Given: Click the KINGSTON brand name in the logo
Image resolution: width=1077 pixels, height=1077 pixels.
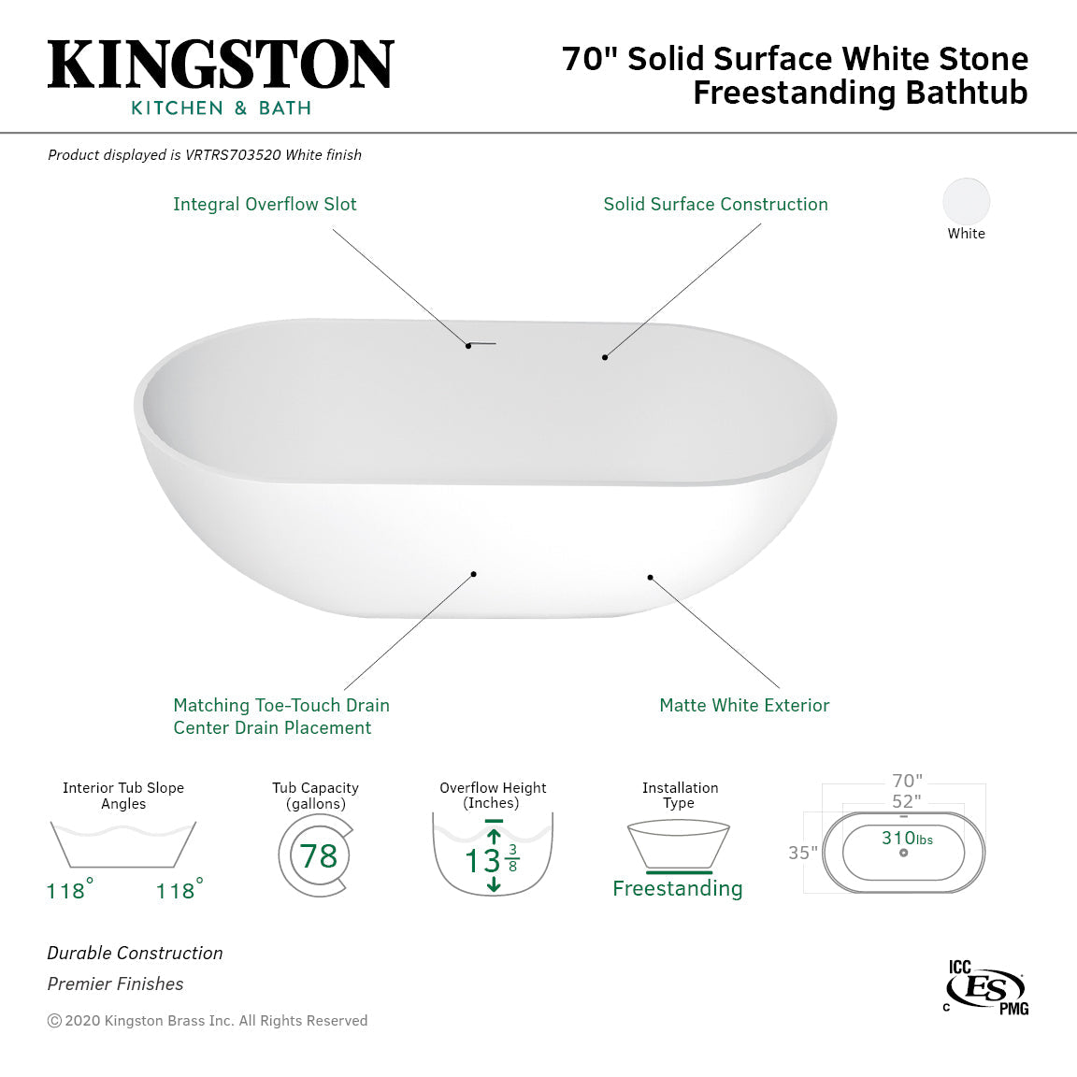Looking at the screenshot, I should point(221,65).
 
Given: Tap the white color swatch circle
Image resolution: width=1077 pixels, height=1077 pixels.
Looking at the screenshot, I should point(966,201).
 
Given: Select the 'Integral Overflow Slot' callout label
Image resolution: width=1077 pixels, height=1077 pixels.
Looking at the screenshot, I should point(265,204).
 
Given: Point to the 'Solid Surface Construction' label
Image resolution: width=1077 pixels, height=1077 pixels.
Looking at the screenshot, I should point(715,204).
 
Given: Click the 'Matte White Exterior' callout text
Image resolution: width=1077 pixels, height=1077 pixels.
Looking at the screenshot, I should point(744,705).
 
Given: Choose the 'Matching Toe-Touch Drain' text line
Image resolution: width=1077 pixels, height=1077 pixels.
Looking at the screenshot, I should point(281,705).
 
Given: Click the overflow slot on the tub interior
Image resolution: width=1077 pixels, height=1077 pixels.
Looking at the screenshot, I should point(482,343).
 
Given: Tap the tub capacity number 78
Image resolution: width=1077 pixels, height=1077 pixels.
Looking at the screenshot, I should point(319,855).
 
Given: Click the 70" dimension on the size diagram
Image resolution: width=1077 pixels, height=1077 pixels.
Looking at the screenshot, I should point(907,781).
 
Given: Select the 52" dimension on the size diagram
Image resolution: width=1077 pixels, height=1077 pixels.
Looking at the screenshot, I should point(906,801).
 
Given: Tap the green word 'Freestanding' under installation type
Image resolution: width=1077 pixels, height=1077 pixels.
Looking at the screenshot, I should point(678,888).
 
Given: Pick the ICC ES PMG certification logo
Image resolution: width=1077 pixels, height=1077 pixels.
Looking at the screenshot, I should point(986,987).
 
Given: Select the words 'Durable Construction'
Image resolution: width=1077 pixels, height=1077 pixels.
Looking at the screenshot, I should point(136,953).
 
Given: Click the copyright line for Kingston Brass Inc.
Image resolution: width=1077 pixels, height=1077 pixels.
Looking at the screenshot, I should point(208,1021).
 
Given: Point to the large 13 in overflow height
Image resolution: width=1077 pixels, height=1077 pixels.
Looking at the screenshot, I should point(483,860).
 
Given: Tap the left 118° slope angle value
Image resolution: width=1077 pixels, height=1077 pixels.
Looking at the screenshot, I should point(67,891).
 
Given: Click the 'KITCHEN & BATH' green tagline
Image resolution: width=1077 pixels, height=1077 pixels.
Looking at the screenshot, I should point(221,108).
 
